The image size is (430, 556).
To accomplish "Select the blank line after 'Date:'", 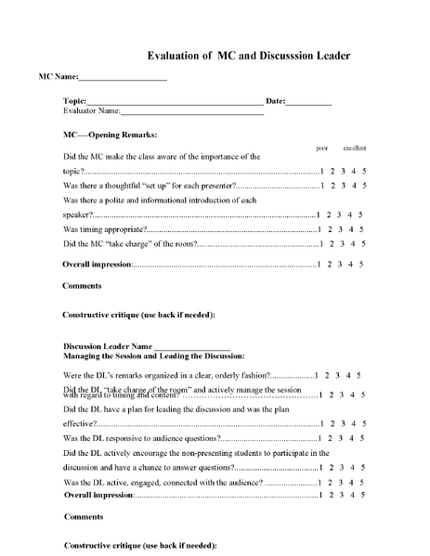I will [x=308, y=101].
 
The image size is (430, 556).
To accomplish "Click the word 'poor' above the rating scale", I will [x=322, y=149].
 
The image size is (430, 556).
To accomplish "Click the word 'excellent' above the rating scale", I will [x=355, y=149].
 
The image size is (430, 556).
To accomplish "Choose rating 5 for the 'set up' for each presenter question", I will [x=364, y=186].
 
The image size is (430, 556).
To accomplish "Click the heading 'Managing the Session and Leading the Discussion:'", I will [x=153, y=356].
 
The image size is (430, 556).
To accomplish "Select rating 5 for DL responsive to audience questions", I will [x=364, y=437].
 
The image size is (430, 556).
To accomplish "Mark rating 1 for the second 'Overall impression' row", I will [x=319, y=496].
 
